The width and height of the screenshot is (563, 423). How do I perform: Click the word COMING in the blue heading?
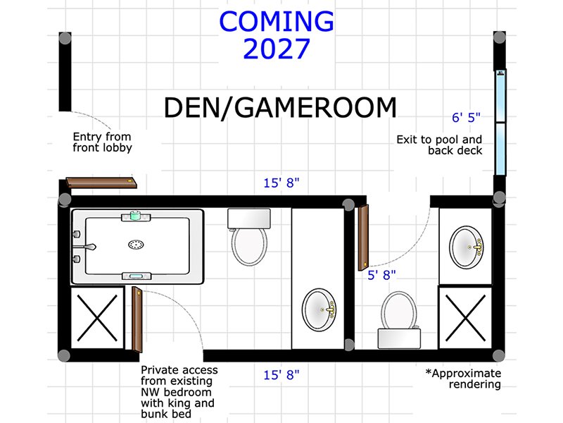point(277,21)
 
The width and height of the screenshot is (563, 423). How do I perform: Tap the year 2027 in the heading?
point(277,49)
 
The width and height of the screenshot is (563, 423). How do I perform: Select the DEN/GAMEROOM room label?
point(280,108)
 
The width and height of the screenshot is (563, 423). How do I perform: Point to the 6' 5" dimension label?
point(466,117)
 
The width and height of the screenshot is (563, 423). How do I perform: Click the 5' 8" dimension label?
point(381,275)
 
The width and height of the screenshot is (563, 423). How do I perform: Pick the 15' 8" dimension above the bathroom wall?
point(281,183)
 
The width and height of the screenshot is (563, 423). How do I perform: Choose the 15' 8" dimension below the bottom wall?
point(281,375)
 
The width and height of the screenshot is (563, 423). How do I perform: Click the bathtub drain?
point(136,245)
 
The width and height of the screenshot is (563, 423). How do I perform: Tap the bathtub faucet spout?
point(89,247)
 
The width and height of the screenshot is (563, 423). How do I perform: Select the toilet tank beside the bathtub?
point(249,219)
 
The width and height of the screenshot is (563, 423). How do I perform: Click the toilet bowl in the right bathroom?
point(398,310)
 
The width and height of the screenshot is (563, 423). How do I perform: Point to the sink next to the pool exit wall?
point(466,247)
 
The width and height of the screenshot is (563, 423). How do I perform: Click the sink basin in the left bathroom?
point(320,309)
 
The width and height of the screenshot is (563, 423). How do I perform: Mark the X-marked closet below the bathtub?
point(97,318)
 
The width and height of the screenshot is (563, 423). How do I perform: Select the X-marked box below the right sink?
point(465,318)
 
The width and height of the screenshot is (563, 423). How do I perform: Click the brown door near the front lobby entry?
point(101,183)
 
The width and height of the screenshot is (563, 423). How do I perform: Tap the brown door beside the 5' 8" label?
point(363,238)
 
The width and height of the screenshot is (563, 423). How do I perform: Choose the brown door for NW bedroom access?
point(137,319)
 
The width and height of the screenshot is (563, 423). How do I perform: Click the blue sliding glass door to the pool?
point(500,122)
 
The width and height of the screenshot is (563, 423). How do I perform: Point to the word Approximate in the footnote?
point(467,374)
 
